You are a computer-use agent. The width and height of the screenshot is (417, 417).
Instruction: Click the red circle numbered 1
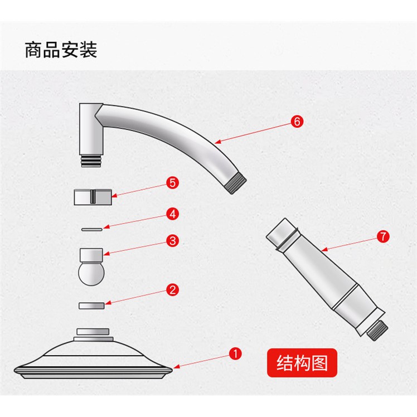click(x=235, y=353)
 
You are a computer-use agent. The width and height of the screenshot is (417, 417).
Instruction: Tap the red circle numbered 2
click(x=172, y=289)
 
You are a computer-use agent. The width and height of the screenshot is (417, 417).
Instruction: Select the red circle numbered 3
click(x=172, y=241)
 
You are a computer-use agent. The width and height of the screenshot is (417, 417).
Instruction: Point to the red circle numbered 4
click(x=172, y=214)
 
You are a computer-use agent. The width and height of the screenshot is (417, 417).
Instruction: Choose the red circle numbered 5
click(x=172, y=183)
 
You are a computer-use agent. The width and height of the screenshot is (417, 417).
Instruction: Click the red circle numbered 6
click(x=297, y=122)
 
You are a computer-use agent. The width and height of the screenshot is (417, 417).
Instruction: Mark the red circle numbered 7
click(x=383, y=236)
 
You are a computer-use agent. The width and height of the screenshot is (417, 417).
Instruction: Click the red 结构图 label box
click(x=302, y=363)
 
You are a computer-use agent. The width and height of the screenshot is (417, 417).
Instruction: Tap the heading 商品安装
click(x=61, y=50)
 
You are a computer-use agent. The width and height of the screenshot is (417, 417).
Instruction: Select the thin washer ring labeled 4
click(x=92, y=229)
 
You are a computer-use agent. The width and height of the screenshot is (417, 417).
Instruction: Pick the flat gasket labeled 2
click(x=91, y=306)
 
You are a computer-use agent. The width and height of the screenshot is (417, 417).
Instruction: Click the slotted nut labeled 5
click(x=93, y=197)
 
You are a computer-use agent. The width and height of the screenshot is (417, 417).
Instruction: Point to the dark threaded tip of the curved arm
click(x=236, y=182)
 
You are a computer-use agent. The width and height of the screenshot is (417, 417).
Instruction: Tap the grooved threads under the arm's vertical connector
click(x=91, y=161)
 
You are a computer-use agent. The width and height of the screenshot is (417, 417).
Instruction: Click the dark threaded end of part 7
click(x=377, y=330)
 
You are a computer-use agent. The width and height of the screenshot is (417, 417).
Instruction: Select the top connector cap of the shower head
click(x=93, y=331)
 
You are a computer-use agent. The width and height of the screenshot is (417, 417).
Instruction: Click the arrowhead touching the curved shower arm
click(x=217, y=142)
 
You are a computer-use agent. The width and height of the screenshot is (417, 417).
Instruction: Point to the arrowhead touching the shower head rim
click(x=176, y=367)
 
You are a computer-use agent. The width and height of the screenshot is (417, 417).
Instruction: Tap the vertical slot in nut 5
click(x=93, y=197)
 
